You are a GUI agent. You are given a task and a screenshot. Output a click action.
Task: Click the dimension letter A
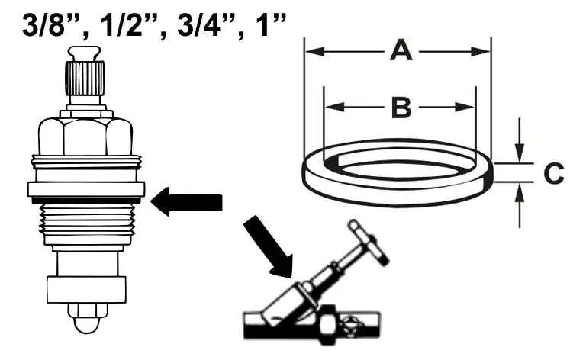[401, 51]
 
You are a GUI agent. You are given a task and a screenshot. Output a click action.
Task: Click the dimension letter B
[401, 108]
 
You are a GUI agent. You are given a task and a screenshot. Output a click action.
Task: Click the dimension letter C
[553, 173]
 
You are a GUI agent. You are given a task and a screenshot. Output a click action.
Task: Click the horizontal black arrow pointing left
[186, 201]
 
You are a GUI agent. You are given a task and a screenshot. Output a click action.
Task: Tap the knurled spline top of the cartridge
[85, 78]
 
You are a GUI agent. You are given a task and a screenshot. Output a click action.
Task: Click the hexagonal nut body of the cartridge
[85, 136]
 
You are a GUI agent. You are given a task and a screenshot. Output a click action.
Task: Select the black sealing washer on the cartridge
[86, 201]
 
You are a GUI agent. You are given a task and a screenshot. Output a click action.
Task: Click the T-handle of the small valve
[369, 243]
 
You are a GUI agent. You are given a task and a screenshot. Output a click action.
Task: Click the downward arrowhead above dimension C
[519, 153]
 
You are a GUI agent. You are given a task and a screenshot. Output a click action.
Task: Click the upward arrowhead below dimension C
[519, 192]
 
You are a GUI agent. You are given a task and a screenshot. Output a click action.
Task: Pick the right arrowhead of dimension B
[465, 108]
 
